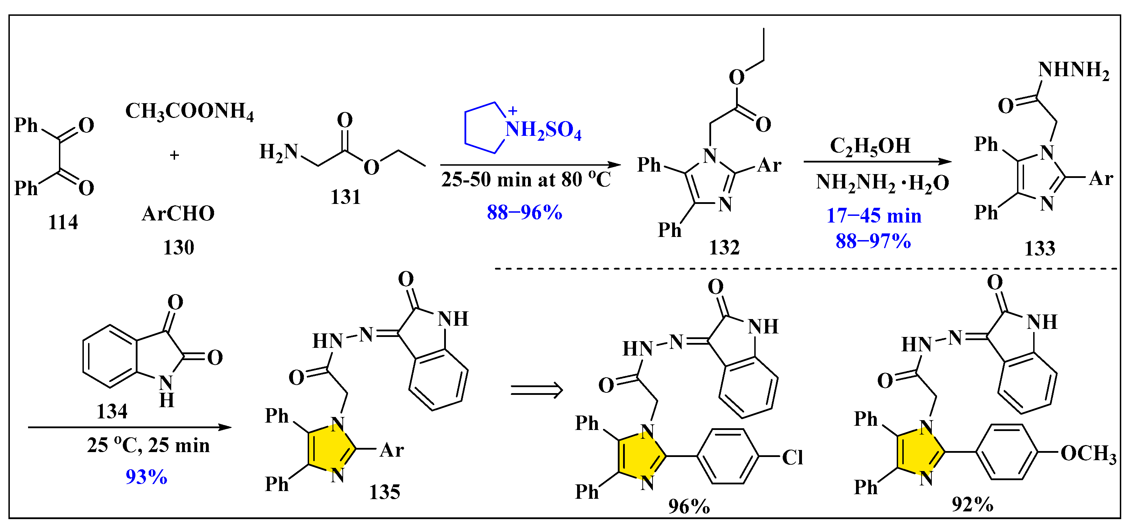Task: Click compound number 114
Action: pos(63,223)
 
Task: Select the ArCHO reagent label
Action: pos(178,214)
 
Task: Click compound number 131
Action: pos(345,197)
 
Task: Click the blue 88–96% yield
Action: pos(524,213)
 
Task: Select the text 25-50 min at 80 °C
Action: pos(526,179)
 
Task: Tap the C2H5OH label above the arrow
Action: pos(870,146)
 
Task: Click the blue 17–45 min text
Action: pos(874,216)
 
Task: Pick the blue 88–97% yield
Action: pos(873,241)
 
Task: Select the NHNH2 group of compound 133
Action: pos(1074,70)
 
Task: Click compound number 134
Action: pos(112,411)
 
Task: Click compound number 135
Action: pos(384,492)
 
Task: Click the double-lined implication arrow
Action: pos(536,390)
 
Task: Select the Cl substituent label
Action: pos(793,458)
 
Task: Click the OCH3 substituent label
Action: pos(1088,453)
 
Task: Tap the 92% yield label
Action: pos(972,505)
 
